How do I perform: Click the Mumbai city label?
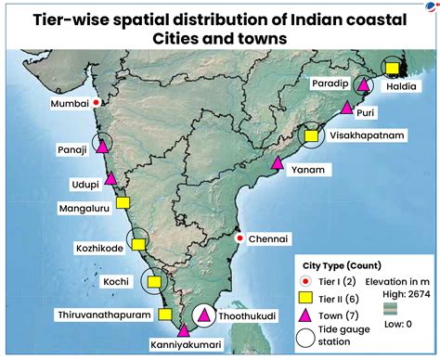click(68, 104)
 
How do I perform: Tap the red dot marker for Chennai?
click(239, 238)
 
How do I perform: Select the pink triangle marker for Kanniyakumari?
click(183, 330)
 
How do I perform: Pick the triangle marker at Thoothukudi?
click(203, 317)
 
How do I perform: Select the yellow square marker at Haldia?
click(393, 68)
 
